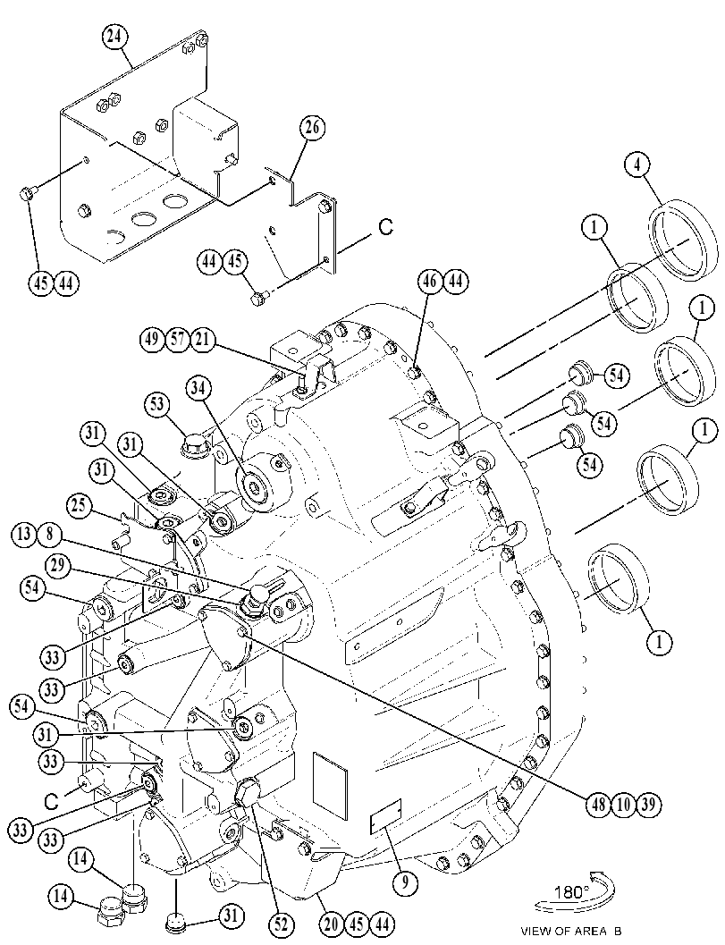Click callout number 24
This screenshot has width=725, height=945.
[114, 37]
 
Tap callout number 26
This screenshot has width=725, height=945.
[312, 128]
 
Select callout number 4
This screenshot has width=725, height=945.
[637, 165]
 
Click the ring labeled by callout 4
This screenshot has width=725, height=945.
[683, 241]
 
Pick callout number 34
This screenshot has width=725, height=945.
[199, 389]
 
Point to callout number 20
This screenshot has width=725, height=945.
[331, 924]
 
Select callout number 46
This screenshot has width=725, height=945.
[433, 282]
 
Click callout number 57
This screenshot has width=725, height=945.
[179, 340]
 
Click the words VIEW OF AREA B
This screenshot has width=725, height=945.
[572, 931]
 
